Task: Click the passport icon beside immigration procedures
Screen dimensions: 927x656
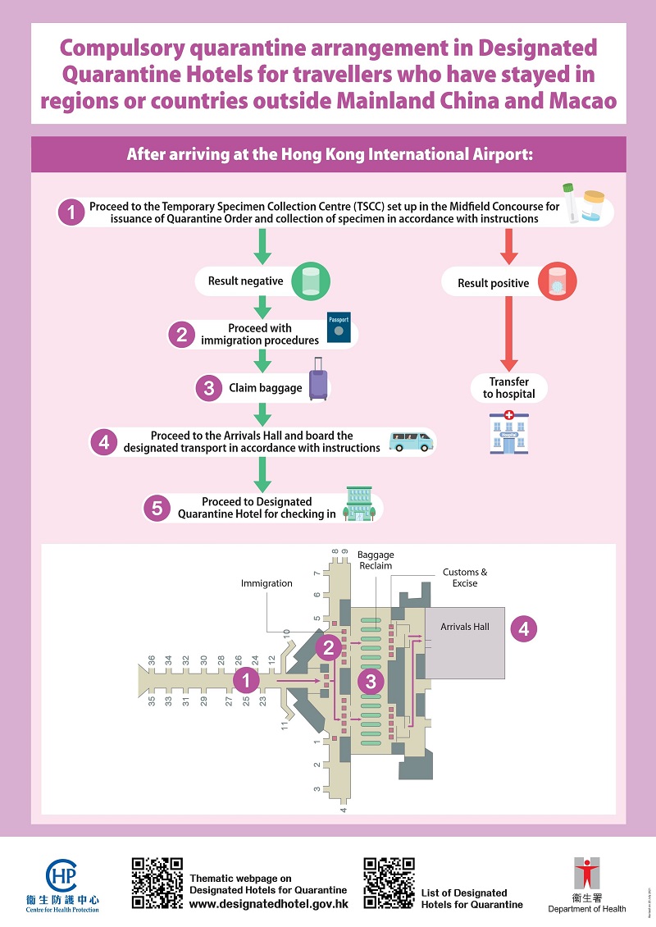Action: tap(338, 328)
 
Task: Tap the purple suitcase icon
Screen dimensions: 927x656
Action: tap(318, 380)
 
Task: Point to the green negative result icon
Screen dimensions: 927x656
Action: tap(311, 279)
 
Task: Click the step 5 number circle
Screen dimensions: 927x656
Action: tap(157, 508)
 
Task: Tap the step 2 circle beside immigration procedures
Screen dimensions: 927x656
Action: tap(180, 334)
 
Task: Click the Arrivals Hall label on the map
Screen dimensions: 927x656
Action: tap(464, 627)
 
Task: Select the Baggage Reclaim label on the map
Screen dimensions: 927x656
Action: tap(376, 560)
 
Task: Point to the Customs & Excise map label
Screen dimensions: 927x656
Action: tap(465, 577)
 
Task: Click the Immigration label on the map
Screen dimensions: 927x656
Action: tap(266, 583)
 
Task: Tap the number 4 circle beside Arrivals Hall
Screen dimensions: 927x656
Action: tap(524, 629)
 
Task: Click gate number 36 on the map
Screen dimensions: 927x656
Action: tap(152, 660)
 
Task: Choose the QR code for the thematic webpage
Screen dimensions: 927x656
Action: tap(157, 883)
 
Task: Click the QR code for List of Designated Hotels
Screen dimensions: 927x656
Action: tap(389, 883)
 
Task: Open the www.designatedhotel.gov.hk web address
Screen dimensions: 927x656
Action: tap(269, 903)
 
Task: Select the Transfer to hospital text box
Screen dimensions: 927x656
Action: tap(509, 388)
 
